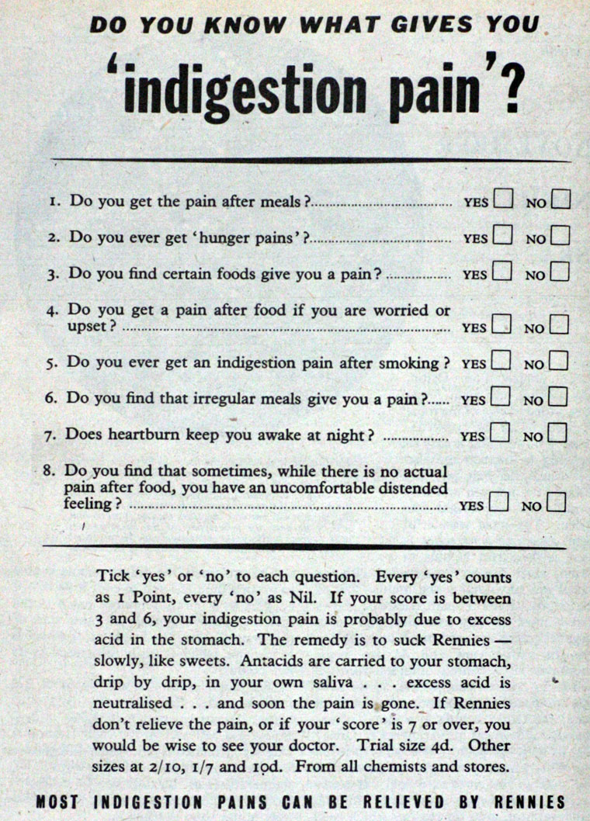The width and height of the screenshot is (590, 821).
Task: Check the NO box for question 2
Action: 560,234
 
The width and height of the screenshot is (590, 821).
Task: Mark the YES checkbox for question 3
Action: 501,272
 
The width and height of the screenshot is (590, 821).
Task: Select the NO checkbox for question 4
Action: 559,324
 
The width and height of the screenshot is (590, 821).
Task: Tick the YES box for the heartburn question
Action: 500,432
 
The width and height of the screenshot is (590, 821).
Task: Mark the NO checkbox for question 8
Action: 556,503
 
